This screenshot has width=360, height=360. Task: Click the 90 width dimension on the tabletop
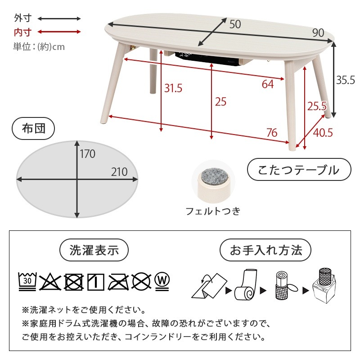coord(318,32)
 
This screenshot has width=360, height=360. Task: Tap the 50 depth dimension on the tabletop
coord(235,24)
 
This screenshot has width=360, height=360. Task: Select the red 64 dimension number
coord(268,84)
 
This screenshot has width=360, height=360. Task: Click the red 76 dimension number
coord(271,133)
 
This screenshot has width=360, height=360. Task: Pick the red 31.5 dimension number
coord(173,88)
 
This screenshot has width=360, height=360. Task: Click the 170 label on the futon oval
coord(88,154)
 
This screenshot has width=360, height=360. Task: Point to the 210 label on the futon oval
coord(119,171)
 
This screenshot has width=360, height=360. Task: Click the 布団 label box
coord(34,129)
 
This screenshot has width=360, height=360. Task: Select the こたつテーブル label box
coord(298,170)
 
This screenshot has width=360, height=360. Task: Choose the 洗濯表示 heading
coord(94,250)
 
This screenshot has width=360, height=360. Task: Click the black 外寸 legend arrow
coord(59,18)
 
